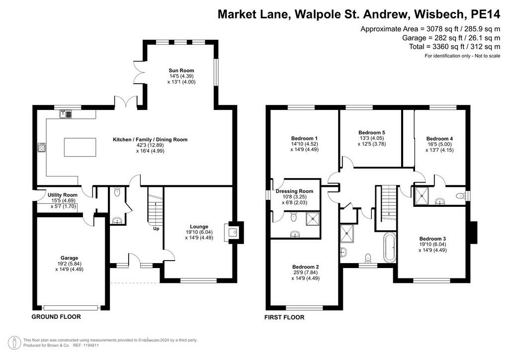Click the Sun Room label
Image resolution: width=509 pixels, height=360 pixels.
pos(181,70)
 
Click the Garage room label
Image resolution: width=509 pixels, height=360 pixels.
pos(70,258)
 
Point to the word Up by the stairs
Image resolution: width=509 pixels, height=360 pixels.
pos(156,229)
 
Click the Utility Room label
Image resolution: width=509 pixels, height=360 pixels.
pos(63,195)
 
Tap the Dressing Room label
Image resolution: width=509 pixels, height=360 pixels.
pos(294,191)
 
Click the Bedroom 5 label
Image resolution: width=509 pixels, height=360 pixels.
pos(372,132)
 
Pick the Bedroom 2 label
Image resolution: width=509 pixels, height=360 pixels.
pos(306,267)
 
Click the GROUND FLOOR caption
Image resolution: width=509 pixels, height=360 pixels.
pos(56,317)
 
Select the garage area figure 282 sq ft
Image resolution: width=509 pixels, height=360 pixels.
pos(440,38)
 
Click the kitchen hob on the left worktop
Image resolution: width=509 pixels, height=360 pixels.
pos(41,147)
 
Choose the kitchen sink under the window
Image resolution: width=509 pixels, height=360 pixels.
pos(65,114)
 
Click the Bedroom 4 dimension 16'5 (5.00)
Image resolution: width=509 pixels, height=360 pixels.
pos(439,145)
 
